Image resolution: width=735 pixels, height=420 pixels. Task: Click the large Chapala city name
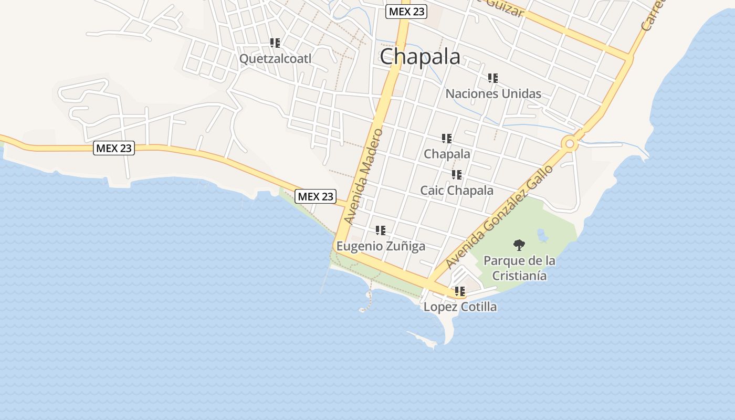point(420,57)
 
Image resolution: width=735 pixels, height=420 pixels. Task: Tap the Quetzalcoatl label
point(275,58)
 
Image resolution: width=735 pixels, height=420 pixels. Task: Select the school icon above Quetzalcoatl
point(275,43)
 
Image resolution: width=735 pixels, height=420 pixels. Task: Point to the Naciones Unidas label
point(493,93)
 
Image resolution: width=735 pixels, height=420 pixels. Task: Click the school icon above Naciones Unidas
point(493,78)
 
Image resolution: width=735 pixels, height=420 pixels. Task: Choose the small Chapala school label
point(447,154)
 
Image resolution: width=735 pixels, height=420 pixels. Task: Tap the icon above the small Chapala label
point(447,139)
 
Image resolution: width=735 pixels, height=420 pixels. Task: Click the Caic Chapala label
point(456,190)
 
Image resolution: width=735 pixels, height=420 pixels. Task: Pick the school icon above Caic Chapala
point(457,175)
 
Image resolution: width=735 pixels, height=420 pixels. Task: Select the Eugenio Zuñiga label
point(381,246)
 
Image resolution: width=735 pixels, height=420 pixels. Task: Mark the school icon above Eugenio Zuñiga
point(381,230)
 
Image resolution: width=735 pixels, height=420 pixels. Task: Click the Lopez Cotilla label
point(460,307)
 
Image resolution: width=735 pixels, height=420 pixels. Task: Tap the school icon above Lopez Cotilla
point(460,291)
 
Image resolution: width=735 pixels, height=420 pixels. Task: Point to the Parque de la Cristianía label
point(519,268)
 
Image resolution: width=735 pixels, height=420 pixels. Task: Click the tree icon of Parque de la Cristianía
point(519,245)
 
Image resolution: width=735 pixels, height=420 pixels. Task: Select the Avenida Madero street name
point(363,176)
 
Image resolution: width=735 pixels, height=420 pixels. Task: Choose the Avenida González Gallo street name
point(499,216)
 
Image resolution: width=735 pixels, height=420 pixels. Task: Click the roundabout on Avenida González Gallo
point(569,143)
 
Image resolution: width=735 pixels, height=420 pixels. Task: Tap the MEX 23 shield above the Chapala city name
point(406,12)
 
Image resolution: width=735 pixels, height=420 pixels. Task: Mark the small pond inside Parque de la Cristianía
point(542,236)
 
